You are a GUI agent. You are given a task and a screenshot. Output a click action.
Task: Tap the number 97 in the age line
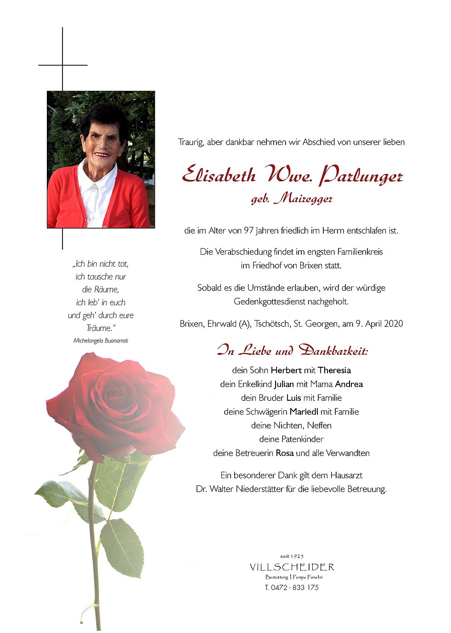point(248,230)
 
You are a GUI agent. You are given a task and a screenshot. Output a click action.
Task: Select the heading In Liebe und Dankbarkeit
point(292,351)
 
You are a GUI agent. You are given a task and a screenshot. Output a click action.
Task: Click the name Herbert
point(286,370)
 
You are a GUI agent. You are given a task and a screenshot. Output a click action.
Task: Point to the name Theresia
point(334,370)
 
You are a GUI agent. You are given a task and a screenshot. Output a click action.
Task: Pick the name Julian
point(284,384)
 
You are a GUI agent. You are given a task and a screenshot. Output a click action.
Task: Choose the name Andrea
point(349,384)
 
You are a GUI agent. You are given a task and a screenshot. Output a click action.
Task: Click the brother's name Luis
point(293,398)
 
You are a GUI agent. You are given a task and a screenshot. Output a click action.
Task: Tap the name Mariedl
point(304,411)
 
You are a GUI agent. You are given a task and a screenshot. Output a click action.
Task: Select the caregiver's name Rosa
point(284,453)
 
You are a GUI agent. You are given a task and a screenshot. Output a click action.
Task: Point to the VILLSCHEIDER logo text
point(292,567)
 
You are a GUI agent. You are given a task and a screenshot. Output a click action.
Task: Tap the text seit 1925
point(292,556)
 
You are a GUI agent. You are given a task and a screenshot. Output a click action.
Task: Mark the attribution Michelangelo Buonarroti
point(101,341)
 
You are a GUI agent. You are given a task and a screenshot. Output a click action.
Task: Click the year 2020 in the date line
point(393,324)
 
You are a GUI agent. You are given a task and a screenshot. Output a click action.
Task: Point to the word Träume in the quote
point(100,328)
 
